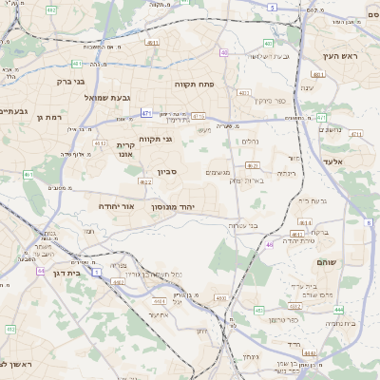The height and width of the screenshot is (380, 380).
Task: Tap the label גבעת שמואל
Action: (91, 98)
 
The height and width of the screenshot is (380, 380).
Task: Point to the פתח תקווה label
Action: (196, 84)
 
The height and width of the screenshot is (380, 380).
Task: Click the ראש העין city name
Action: (338, 57)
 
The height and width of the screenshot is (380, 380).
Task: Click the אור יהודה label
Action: (117, 205)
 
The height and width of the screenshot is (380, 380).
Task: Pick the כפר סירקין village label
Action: (269, 100)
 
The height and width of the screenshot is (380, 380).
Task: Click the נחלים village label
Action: (247, 142)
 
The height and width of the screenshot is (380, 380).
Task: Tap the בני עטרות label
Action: (251, 225)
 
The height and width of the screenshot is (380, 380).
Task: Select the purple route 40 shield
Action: (224, 52)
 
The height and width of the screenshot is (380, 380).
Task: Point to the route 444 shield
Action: (338, 310)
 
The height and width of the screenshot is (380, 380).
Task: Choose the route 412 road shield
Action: (10, 329)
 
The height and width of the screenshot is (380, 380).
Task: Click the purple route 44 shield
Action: (41, 271)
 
